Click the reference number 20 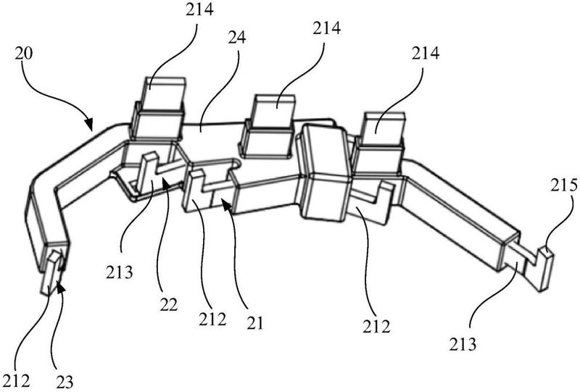point(24,54)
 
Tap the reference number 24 point(238,38)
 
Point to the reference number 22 point(169,305)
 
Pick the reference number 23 point(65,381)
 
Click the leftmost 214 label point(199,9)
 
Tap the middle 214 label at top point(327,28)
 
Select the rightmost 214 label point(426,54)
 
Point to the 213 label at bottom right point(463,345)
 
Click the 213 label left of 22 point(119,273)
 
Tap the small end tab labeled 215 point(546,270)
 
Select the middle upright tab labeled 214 point(268,126)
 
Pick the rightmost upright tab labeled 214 point(379,142)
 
